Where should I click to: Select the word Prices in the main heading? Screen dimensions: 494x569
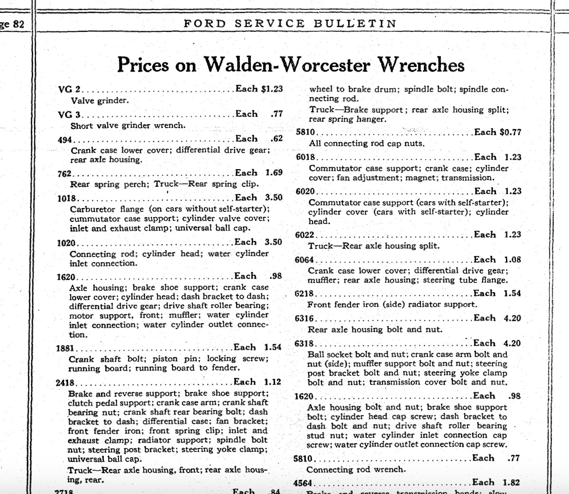click(x=145, y=64)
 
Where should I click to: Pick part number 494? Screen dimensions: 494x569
click(x=64, y=139)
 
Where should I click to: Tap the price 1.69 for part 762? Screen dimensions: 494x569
click(x=274, y=173)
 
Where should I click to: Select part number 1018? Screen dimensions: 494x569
click(x=66, y=199)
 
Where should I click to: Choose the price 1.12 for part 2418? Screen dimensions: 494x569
click(x=273, y=382)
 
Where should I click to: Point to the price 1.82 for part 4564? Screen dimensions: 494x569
click(x=512, y=483)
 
